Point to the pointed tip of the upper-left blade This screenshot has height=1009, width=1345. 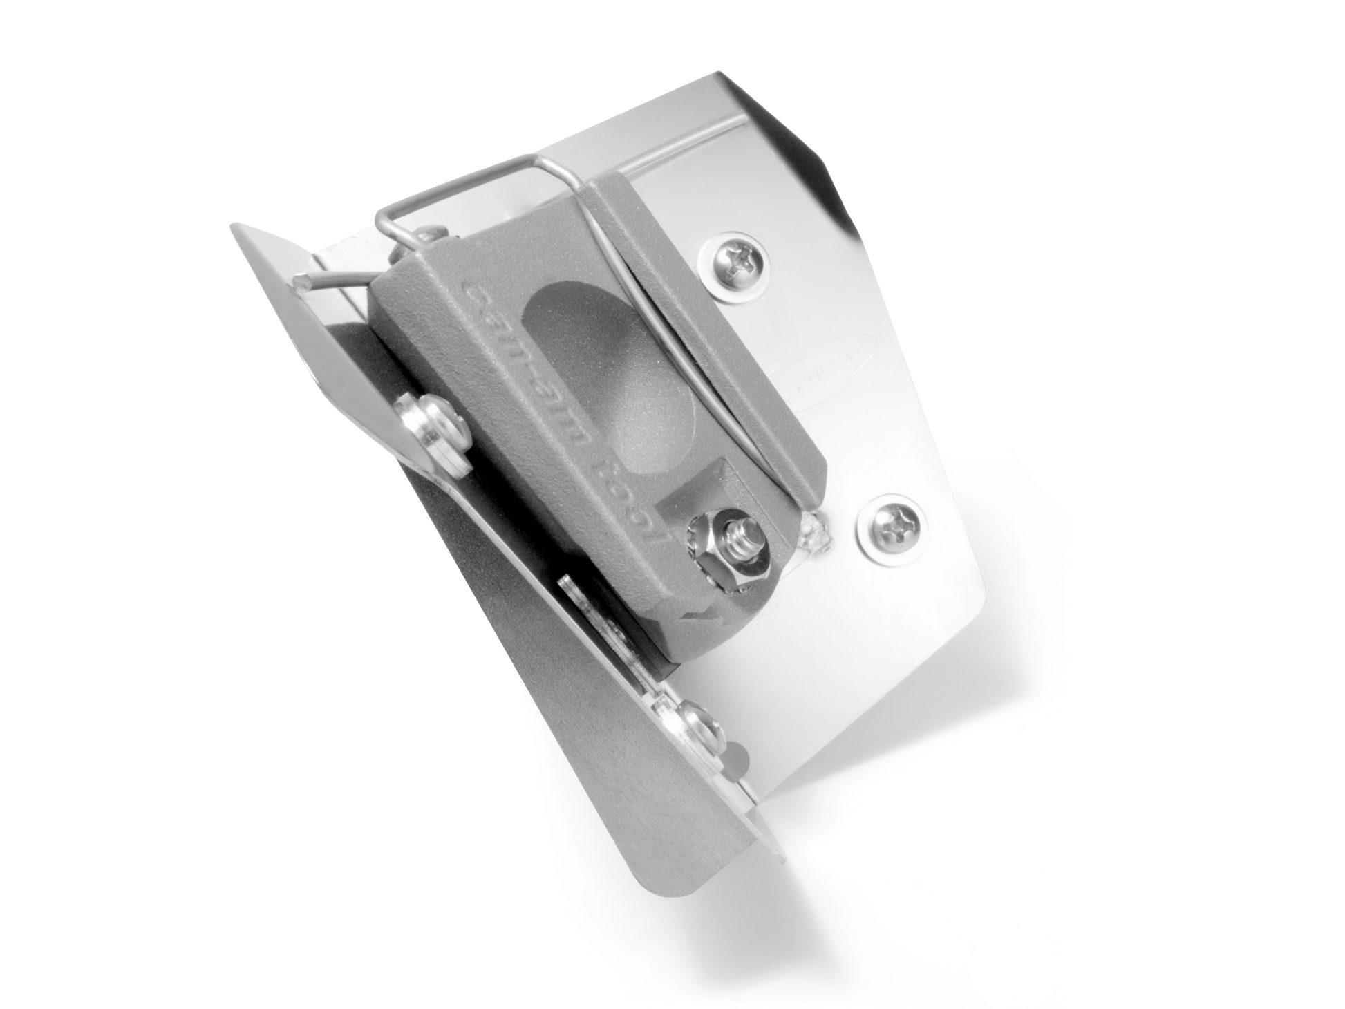point(238,228)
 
